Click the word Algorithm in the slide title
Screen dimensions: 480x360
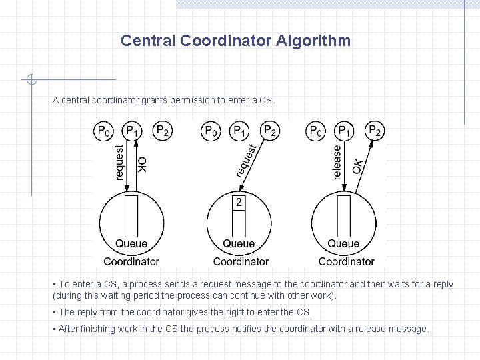click(x=316, y=41)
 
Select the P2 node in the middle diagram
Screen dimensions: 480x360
click(x=269, y=131)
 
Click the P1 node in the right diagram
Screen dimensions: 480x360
click(x=345, y=131)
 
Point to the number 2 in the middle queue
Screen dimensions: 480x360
click(x=239, y=201)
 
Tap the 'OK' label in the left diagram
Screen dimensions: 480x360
click(x=142, y=164)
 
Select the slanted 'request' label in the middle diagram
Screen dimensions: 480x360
click(x=247, y=161)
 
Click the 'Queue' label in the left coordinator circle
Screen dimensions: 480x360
click(x=131, y=244)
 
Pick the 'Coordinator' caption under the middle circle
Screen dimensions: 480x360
click(x=241, y=261)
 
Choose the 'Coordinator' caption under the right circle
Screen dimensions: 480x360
click(x=346, y=261)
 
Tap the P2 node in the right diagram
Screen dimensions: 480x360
click(x=375, y=131)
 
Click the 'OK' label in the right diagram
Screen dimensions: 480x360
click(x=359, y=165)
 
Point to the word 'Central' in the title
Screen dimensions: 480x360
click(x=148, y=41)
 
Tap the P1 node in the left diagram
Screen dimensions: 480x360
click(x=133, y=131)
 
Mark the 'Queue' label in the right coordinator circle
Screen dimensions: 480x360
click(x=343, y=244)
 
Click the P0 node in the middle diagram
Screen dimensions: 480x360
click(x=211, y=131)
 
